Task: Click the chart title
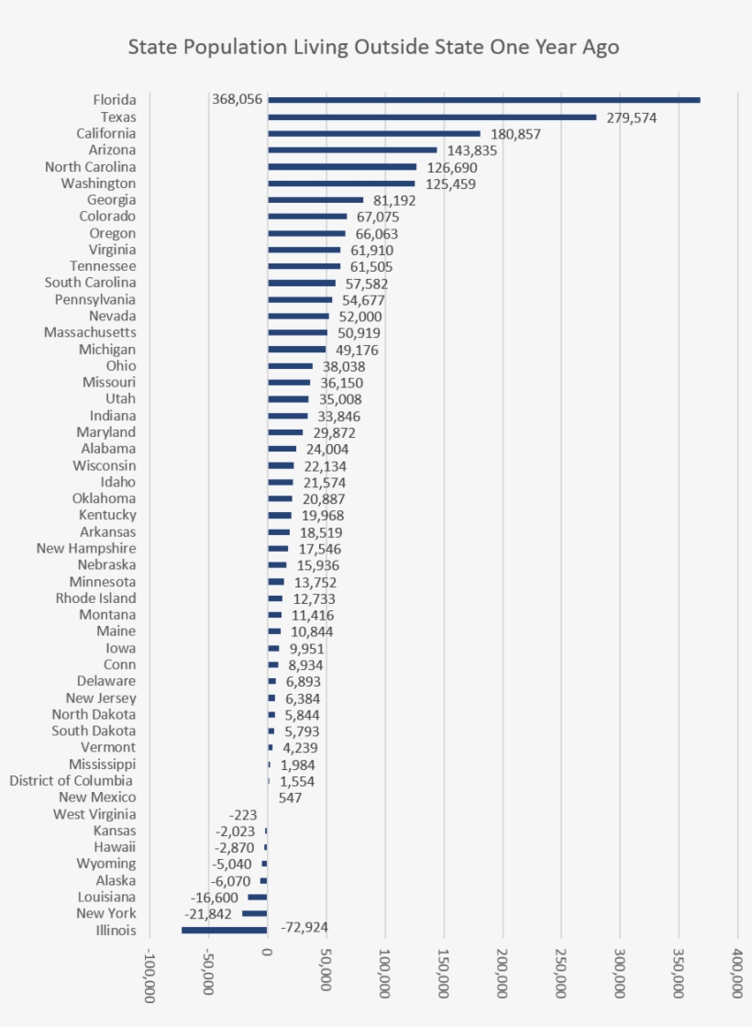coord(373,47)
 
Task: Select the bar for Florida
coord(483,100)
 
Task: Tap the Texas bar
coord(432,117)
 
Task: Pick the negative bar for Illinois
coord(224,930)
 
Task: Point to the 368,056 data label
coord(237,100)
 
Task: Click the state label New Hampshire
coord(86,548)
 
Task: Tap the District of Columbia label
coord(71,781)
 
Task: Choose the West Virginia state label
coord(94,814)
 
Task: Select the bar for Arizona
coord(352,150)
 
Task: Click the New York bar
coord(254,913)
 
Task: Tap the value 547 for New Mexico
coord(290,798)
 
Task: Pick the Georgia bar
coord(315,200)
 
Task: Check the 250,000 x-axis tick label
coord(561,973)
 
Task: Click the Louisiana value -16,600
coord(215,897)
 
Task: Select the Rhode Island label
coord(95,598)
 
